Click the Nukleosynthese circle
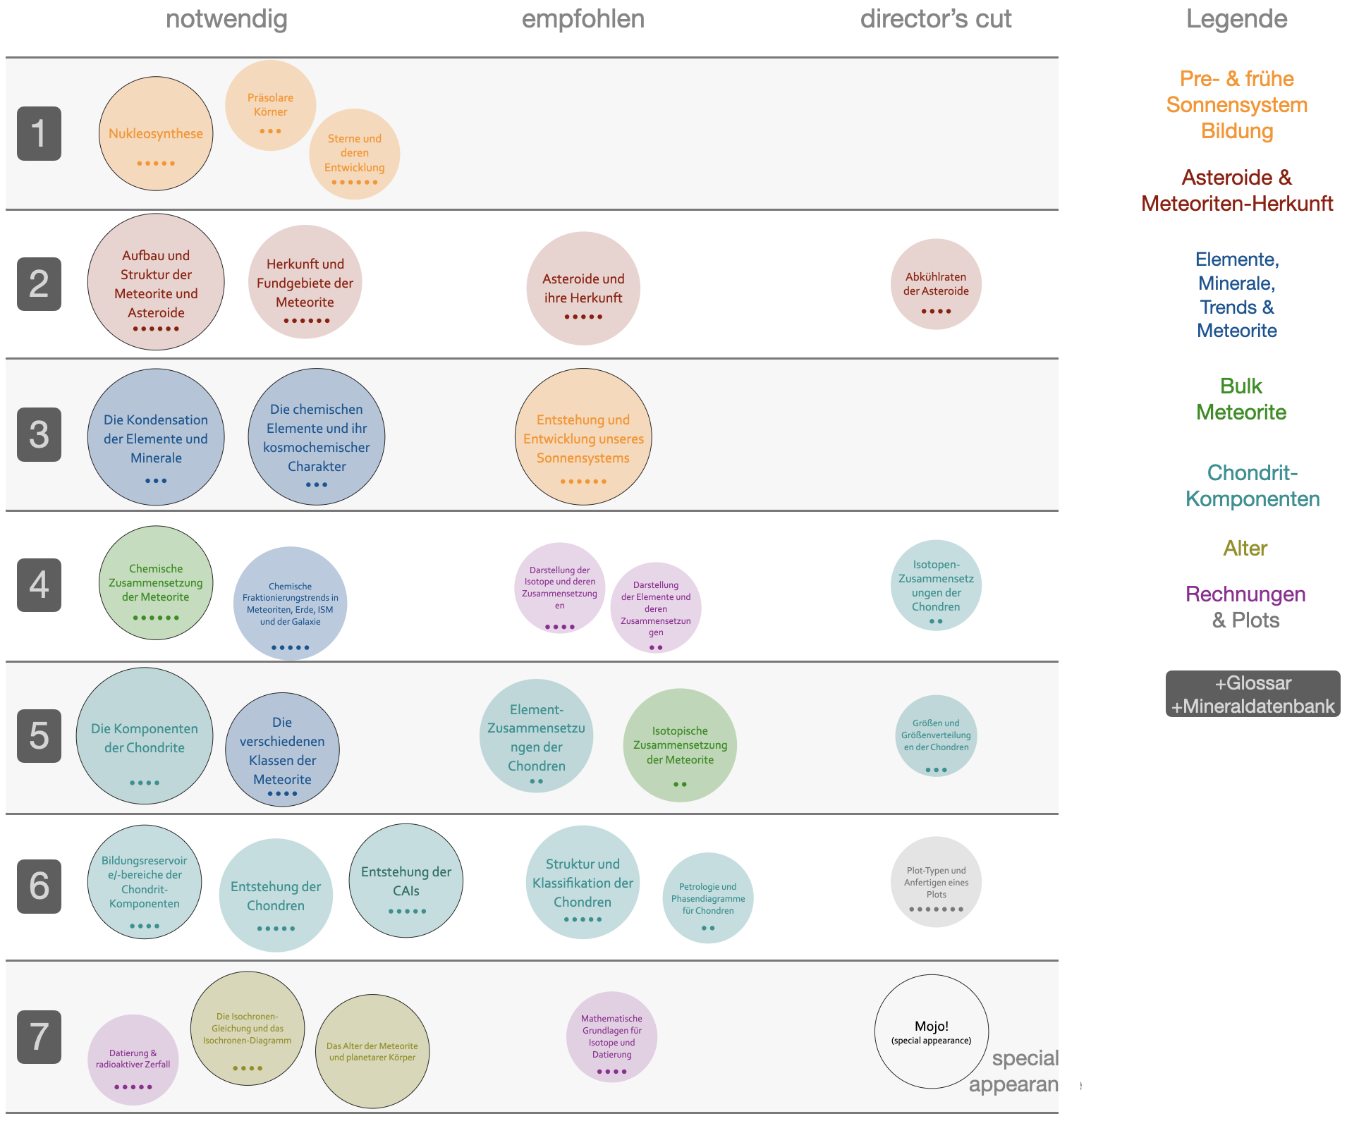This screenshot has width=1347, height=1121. click(156, 134)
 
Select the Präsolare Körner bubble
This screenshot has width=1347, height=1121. click(270, 105)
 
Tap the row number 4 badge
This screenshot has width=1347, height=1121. click(39, 585)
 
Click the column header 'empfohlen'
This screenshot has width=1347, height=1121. click(583, 19)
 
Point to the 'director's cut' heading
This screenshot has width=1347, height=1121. click(935, 19)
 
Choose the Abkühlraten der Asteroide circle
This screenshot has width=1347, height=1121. click(936, 284)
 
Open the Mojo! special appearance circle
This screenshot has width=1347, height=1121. click(931, 1031)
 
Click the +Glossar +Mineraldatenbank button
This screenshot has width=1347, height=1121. click(1252, 694)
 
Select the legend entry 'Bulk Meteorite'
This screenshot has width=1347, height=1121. click(1241, 399)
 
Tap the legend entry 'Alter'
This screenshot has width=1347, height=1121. click(1245, 548)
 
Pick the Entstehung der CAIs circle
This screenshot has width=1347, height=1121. click(406, 881)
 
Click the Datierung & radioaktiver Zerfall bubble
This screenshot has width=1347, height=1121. click(133, 1060)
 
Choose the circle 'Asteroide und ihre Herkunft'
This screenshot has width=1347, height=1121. click(583, 288)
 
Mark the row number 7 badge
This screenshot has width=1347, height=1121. click(39, 1037)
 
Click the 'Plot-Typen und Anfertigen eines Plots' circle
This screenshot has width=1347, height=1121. click(936, 882)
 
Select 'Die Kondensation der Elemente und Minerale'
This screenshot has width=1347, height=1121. click(156, 437)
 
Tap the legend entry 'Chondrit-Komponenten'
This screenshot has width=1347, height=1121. click(1252, 486)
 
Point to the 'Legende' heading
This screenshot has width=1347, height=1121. click(1236, 19)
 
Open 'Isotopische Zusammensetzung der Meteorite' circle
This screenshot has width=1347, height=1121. click(680, 745)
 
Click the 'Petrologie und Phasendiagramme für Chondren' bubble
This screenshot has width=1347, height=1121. click(708, 898)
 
